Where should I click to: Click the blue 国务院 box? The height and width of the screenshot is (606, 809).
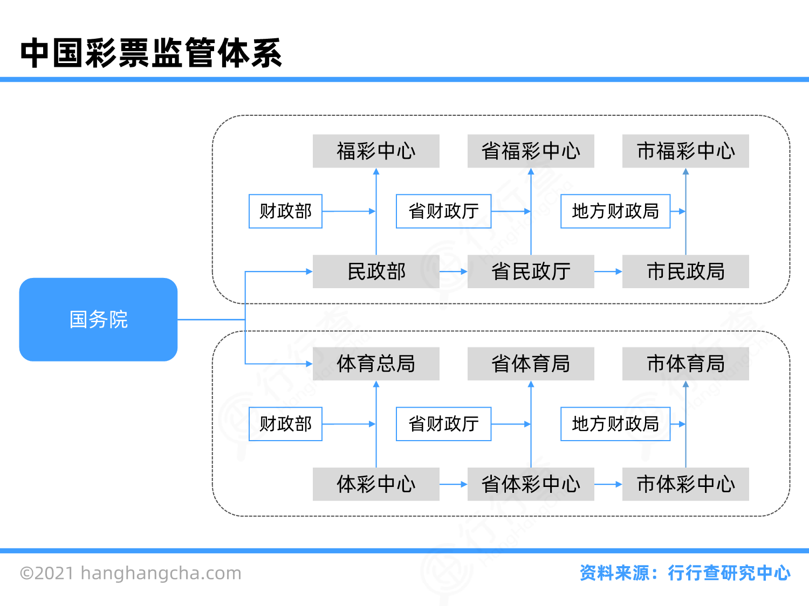click(x=98, y=319)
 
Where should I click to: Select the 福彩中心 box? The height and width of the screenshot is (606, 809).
click(x=376, y=151)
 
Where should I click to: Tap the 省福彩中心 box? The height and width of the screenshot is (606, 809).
click(x=531, y=151)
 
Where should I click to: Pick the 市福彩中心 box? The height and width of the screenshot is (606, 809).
click(x=685, y=151)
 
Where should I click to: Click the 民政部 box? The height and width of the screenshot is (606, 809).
click(x=376, y=271)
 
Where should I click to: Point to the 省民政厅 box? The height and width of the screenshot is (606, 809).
click(x=531, y=271)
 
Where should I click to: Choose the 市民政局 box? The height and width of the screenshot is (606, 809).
click(x=685, y=271)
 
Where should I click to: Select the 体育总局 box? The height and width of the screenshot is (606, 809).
click(x=376, y=364)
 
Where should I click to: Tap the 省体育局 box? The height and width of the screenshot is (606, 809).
click(x=531, y=364)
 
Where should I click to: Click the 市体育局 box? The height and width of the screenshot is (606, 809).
click(x=685, y=364)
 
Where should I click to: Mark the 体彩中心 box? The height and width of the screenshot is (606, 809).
click(x=376, y=484)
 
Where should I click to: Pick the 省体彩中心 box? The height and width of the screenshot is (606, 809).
click(x=531, y=484)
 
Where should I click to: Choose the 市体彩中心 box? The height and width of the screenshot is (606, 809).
click(x=685, y=484)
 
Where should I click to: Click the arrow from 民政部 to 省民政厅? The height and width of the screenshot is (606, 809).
click(x=453, y=271)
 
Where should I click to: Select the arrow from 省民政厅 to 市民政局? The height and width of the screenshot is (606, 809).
click(x=608, y=271)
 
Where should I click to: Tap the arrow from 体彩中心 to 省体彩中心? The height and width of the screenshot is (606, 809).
click(x=453, y=484)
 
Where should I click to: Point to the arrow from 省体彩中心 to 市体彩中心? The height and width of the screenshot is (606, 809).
click(x=608, y=484)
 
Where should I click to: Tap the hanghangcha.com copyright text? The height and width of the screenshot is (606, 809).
click(x=131, y=573)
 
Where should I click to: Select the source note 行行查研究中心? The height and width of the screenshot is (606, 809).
click(x=729, y=573)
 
